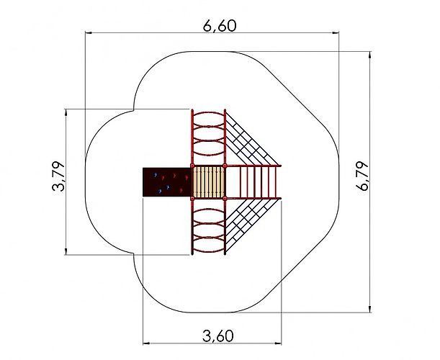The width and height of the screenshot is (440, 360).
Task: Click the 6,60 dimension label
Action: [220, 25]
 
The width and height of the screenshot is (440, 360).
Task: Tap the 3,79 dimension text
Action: [58, 176]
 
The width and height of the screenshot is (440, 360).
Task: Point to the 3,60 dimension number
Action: [217, 336]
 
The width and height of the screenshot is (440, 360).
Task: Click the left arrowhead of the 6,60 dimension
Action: [89, 33]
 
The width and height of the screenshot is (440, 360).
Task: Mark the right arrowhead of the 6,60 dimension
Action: [335, 33]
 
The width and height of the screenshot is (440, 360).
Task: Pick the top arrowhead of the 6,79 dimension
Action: [370, 55]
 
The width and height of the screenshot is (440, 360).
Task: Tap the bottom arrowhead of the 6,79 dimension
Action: [370, 309]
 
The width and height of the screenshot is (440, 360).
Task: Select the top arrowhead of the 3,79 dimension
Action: [66, 112]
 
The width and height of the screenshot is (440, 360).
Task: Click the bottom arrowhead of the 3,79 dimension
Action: [66, 251]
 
